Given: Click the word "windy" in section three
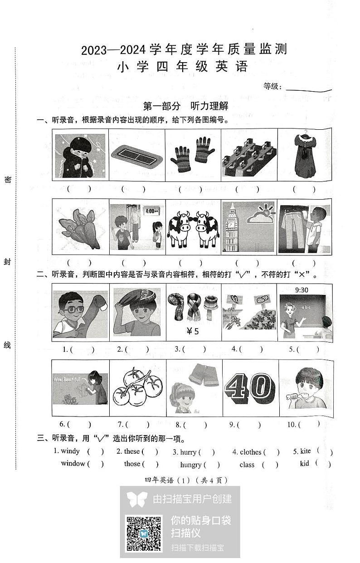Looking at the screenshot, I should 70,451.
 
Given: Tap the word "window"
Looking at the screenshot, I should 73,463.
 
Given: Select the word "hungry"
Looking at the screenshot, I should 190,465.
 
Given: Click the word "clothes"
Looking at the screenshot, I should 250,452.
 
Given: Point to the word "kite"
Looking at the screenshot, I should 306,451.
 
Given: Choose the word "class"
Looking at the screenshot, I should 247,465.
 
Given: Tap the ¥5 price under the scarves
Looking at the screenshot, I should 193,331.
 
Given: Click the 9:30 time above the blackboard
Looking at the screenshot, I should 302,290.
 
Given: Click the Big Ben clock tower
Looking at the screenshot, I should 232,227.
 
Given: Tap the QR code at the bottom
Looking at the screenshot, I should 143,533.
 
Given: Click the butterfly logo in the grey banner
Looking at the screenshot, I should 137,499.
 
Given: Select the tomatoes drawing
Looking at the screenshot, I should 137,388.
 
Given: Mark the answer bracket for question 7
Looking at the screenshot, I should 138,425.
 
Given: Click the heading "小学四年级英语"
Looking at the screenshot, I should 182,67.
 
